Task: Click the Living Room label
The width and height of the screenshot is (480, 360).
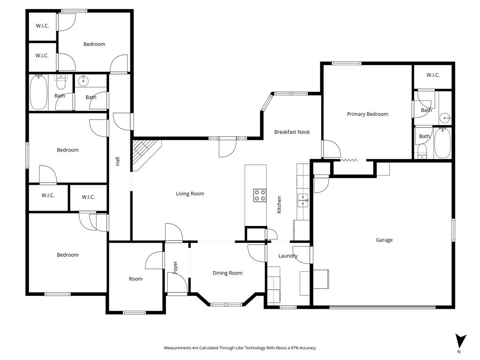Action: [x=190, y=194]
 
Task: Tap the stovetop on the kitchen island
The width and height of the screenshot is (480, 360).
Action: [x=260, y=195]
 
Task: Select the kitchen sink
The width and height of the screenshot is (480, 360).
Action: [x=303, y=202]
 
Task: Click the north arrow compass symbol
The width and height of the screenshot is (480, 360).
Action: [x=460, y=341]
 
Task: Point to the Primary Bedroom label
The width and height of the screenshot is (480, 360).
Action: [x=367, y=114]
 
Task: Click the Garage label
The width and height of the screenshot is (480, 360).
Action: [x=384, y=240]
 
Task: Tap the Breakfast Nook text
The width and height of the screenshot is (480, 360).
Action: [x=292, y=132]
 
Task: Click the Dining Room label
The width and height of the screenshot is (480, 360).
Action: [x=227, y=273]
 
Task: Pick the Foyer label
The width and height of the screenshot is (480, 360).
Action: [x=176, y=267]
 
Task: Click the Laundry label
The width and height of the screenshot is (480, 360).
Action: [x=288, y=256]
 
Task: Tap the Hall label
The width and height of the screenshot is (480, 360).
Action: [x=118, y=161]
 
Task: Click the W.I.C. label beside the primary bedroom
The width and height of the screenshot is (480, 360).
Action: [x=433, y=75]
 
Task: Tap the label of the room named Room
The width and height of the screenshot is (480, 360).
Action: [x=135, y=279]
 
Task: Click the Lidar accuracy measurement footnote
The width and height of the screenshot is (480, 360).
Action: [x=240, y=348]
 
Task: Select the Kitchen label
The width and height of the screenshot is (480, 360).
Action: [x=279, y=205]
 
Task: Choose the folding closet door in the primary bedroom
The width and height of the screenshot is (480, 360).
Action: [x=349, y=160]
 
